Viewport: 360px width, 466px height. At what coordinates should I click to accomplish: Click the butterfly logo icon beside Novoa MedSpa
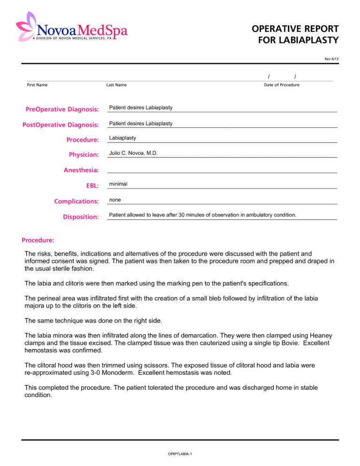pos(26,26)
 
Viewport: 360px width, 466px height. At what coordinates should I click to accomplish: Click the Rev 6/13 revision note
pos(331,59)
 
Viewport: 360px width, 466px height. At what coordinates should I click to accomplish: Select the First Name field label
pos(37,85)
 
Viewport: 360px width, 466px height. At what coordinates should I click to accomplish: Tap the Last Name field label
pos(116,85)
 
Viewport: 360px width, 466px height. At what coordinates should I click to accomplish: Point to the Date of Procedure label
pos(281,85)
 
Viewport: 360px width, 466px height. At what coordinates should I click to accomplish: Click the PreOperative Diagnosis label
pos(62,109)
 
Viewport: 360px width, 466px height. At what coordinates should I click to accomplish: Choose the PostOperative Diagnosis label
pos(60,125)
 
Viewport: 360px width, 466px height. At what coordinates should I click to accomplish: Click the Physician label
pos(84,155)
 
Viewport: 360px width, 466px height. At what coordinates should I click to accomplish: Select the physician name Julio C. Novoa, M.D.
pos(134,153)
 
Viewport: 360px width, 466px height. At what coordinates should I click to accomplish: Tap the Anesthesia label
pos(81,170)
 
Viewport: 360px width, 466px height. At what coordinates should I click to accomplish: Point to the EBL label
pos(92,186)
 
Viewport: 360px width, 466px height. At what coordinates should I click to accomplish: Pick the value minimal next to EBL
pos(118,184)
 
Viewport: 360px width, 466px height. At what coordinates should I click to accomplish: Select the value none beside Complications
pos(115,200)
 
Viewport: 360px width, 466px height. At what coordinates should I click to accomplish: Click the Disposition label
pos(81,217)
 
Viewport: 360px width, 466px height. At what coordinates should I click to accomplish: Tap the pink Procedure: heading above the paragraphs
pos(38,240)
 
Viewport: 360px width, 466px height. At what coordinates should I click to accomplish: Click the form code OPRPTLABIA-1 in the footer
pos(180,454)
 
